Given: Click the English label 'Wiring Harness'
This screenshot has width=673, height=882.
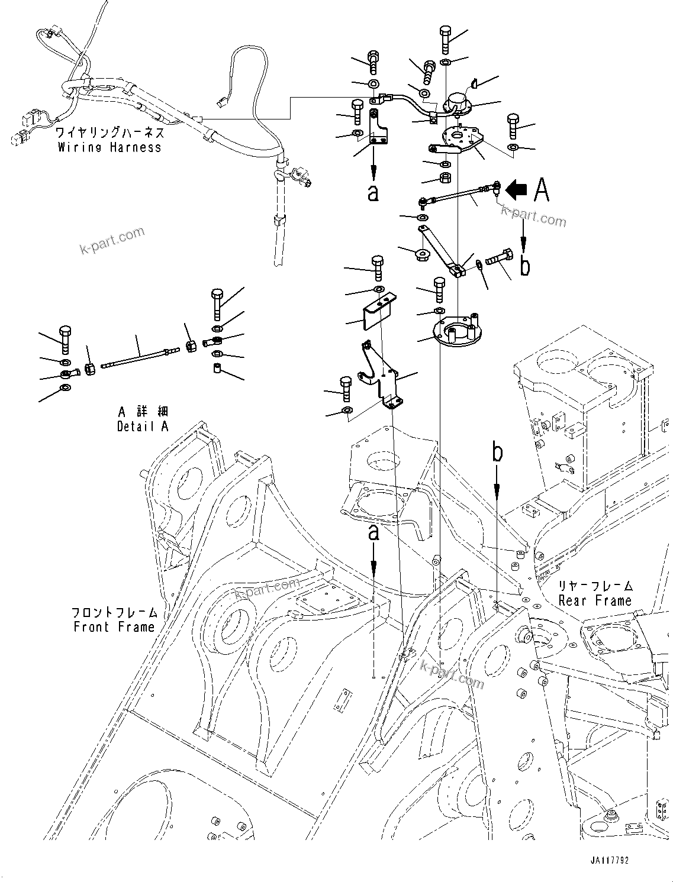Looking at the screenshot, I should [110, 147].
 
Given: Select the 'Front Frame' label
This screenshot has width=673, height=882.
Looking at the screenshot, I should [114, 627].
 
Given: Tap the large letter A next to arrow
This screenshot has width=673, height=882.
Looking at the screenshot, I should [541, 190].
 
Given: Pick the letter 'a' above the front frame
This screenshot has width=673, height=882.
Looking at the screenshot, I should [373, 532].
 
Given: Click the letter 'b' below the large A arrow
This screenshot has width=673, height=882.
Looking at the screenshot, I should [524, 266].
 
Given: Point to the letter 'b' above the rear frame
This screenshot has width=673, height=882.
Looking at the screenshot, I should [498, 453].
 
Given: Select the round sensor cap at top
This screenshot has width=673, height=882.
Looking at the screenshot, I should [458, 103].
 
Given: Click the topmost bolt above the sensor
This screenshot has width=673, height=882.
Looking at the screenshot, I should [445, 39].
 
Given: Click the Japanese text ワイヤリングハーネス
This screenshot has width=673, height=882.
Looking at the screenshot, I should [110, 133].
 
